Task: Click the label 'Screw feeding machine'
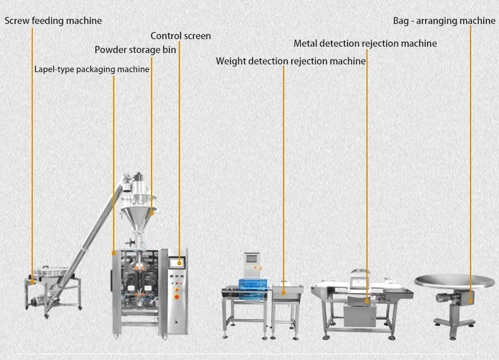[53, 21]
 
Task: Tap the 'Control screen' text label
[181, 35]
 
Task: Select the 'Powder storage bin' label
[135, 49]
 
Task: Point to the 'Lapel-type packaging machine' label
[92, 69]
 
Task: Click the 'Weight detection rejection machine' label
[291, 61]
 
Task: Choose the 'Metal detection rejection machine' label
[365, 44]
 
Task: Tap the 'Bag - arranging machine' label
[444, 21]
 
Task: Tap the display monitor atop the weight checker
[252, 258]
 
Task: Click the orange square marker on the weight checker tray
[283, 292]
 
